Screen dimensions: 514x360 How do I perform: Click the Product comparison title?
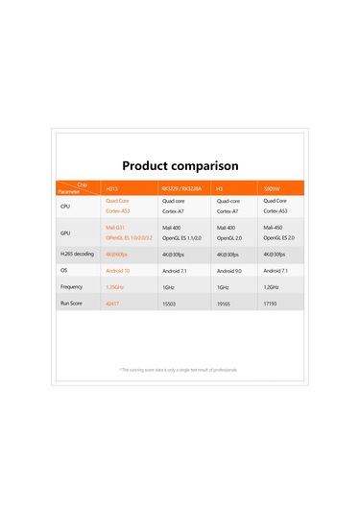pos(180,165)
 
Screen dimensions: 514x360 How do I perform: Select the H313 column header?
pos(110,188)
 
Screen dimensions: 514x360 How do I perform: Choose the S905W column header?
pos(273,188)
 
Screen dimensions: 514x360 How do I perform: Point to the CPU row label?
pos(65,206)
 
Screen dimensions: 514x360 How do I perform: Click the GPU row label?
pos(65,233)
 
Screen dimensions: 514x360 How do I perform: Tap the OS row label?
pos(64,271)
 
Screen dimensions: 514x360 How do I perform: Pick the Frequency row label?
pos(71,286)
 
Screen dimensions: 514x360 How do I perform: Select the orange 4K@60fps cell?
pos(116,255)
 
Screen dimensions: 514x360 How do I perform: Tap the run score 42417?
pos(111,303)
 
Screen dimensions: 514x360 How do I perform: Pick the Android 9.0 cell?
pos(229,271)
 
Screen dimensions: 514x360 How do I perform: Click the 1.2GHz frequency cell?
pos(271,286)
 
